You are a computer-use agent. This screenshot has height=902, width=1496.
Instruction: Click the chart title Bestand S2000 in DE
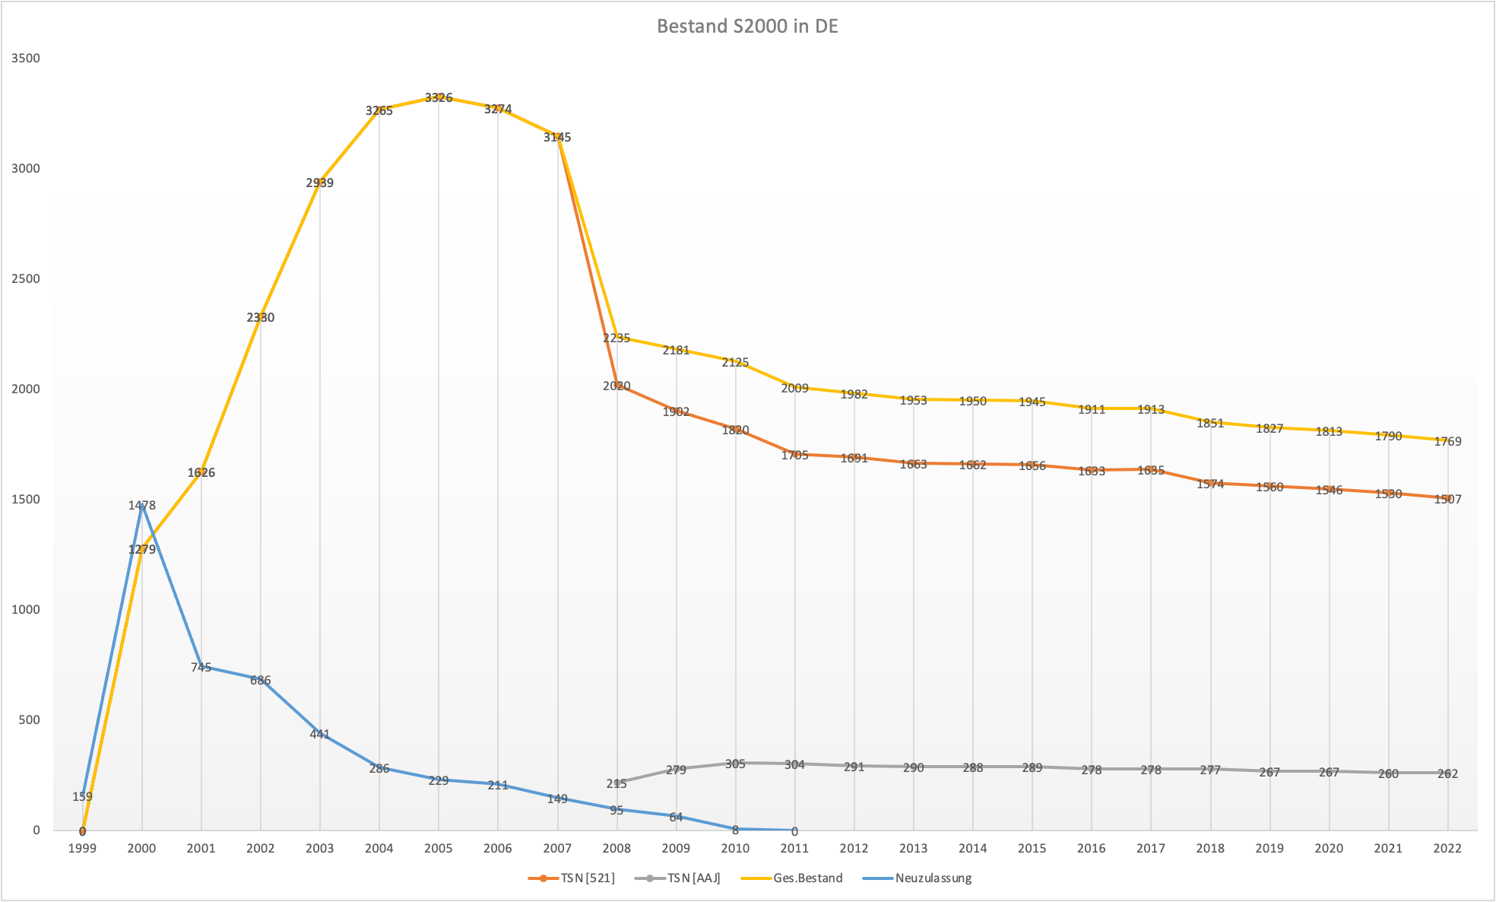tap(747, 27)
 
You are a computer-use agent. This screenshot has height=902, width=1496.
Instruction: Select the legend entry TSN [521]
tap(587, 878)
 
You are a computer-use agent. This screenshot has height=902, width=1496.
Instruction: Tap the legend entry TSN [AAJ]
tap(693, 878)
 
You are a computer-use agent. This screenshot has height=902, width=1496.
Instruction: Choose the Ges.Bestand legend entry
tap(807, 878)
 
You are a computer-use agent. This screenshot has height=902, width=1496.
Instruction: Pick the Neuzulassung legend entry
tap(933, 878)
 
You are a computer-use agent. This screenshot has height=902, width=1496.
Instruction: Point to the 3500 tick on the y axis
tap(27, 59)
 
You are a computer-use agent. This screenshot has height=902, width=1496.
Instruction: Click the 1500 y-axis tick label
tap(27, 500)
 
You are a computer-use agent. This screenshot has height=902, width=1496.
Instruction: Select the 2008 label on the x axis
tap(616, 849)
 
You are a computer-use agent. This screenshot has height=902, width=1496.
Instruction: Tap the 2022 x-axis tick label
tap(1447, 849)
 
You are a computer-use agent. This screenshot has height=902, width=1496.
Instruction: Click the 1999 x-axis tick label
tap(82, 849)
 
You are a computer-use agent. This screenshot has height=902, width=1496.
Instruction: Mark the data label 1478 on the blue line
tap(141, 505)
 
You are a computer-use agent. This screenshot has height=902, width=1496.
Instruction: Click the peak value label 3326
tap(439, 97)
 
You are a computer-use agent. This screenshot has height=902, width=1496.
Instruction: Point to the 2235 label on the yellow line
tap(616, 338)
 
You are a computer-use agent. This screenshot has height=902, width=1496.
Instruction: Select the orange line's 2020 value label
tap(616, 386)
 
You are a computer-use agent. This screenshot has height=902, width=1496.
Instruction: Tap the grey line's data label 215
tap(616, 783)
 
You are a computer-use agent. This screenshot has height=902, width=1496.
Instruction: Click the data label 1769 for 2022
tap(1447, 441)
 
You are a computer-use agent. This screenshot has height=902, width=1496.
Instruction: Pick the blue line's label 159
tap(82, 797)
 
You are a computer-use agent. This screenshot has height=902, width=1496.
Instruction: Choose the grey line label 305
tap(735, 764)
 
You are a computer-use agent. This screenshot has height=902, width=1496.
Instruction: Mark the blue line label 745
tap(201, 667)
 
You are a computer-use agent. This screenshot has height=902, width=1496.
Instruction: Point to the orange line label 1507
tap(1447, 499)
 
